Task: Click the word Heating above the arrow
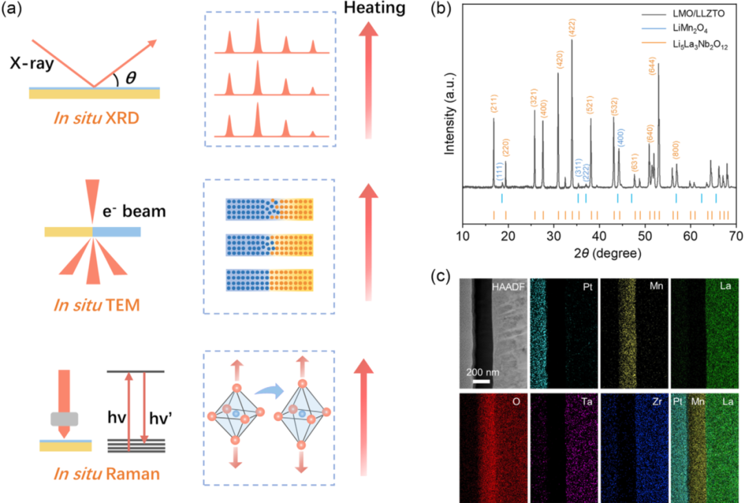click(x=375, y=8)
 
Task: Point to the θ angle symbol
click(x=130, y=78)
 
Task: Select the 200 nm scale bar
click(x=481, y=379)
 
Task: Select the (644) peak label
click(x=652, y=66)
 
